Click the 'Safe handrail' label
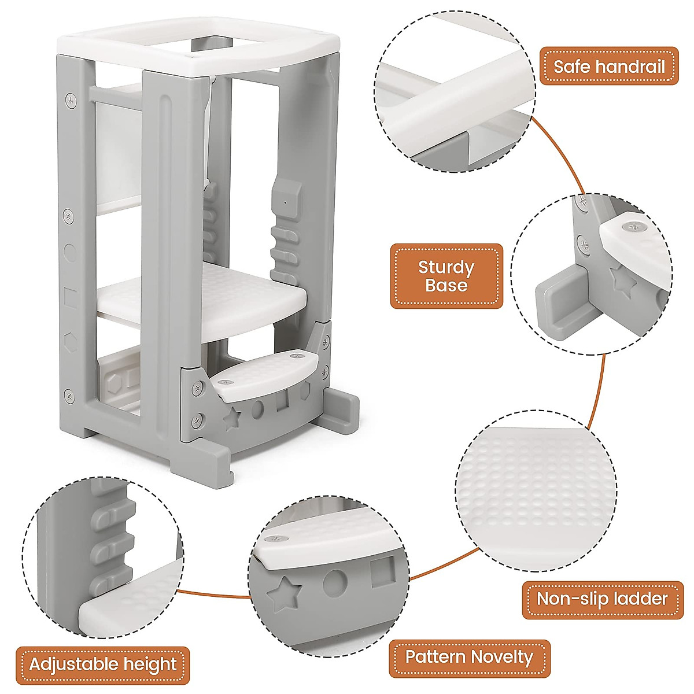click(x=608, y=66)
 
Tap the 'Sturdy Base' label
click(x=446, y=276)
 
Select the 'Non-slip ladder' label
click(x=602, y=599)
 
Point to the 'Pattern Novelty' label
click(x=469, y=657)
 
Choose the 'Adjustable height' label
click(x=103, y=663)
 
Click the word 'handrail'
click(x=634, y=66)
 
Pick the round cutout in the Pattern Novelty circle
click(x=334, y=583)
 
